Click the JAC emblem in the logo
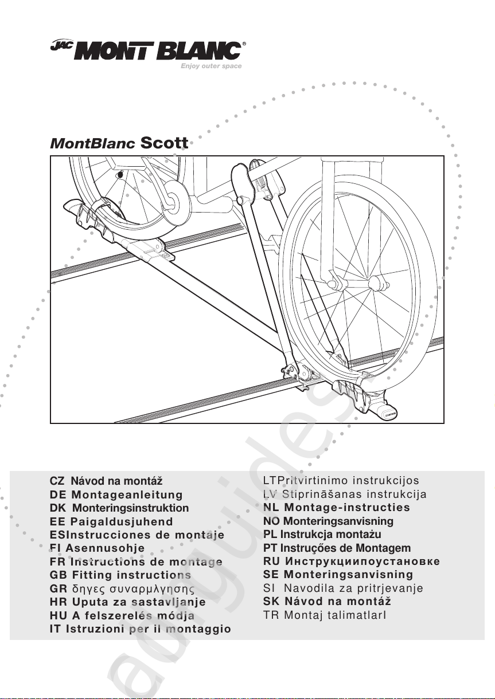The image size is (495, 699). click(x=59, y=49)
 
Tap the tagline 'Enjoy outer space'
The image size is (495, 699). click(x=211, y=66)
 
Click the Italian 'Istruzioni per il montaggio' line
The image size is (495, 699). click(x=151, y=629)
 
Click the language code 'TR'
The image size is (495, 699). click(x=270, y=615)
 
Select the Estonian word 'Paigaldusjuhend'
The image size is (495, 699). click(x=122, y=522)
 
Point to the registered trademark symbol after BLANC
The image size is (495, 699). click(x=244, y=44)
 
